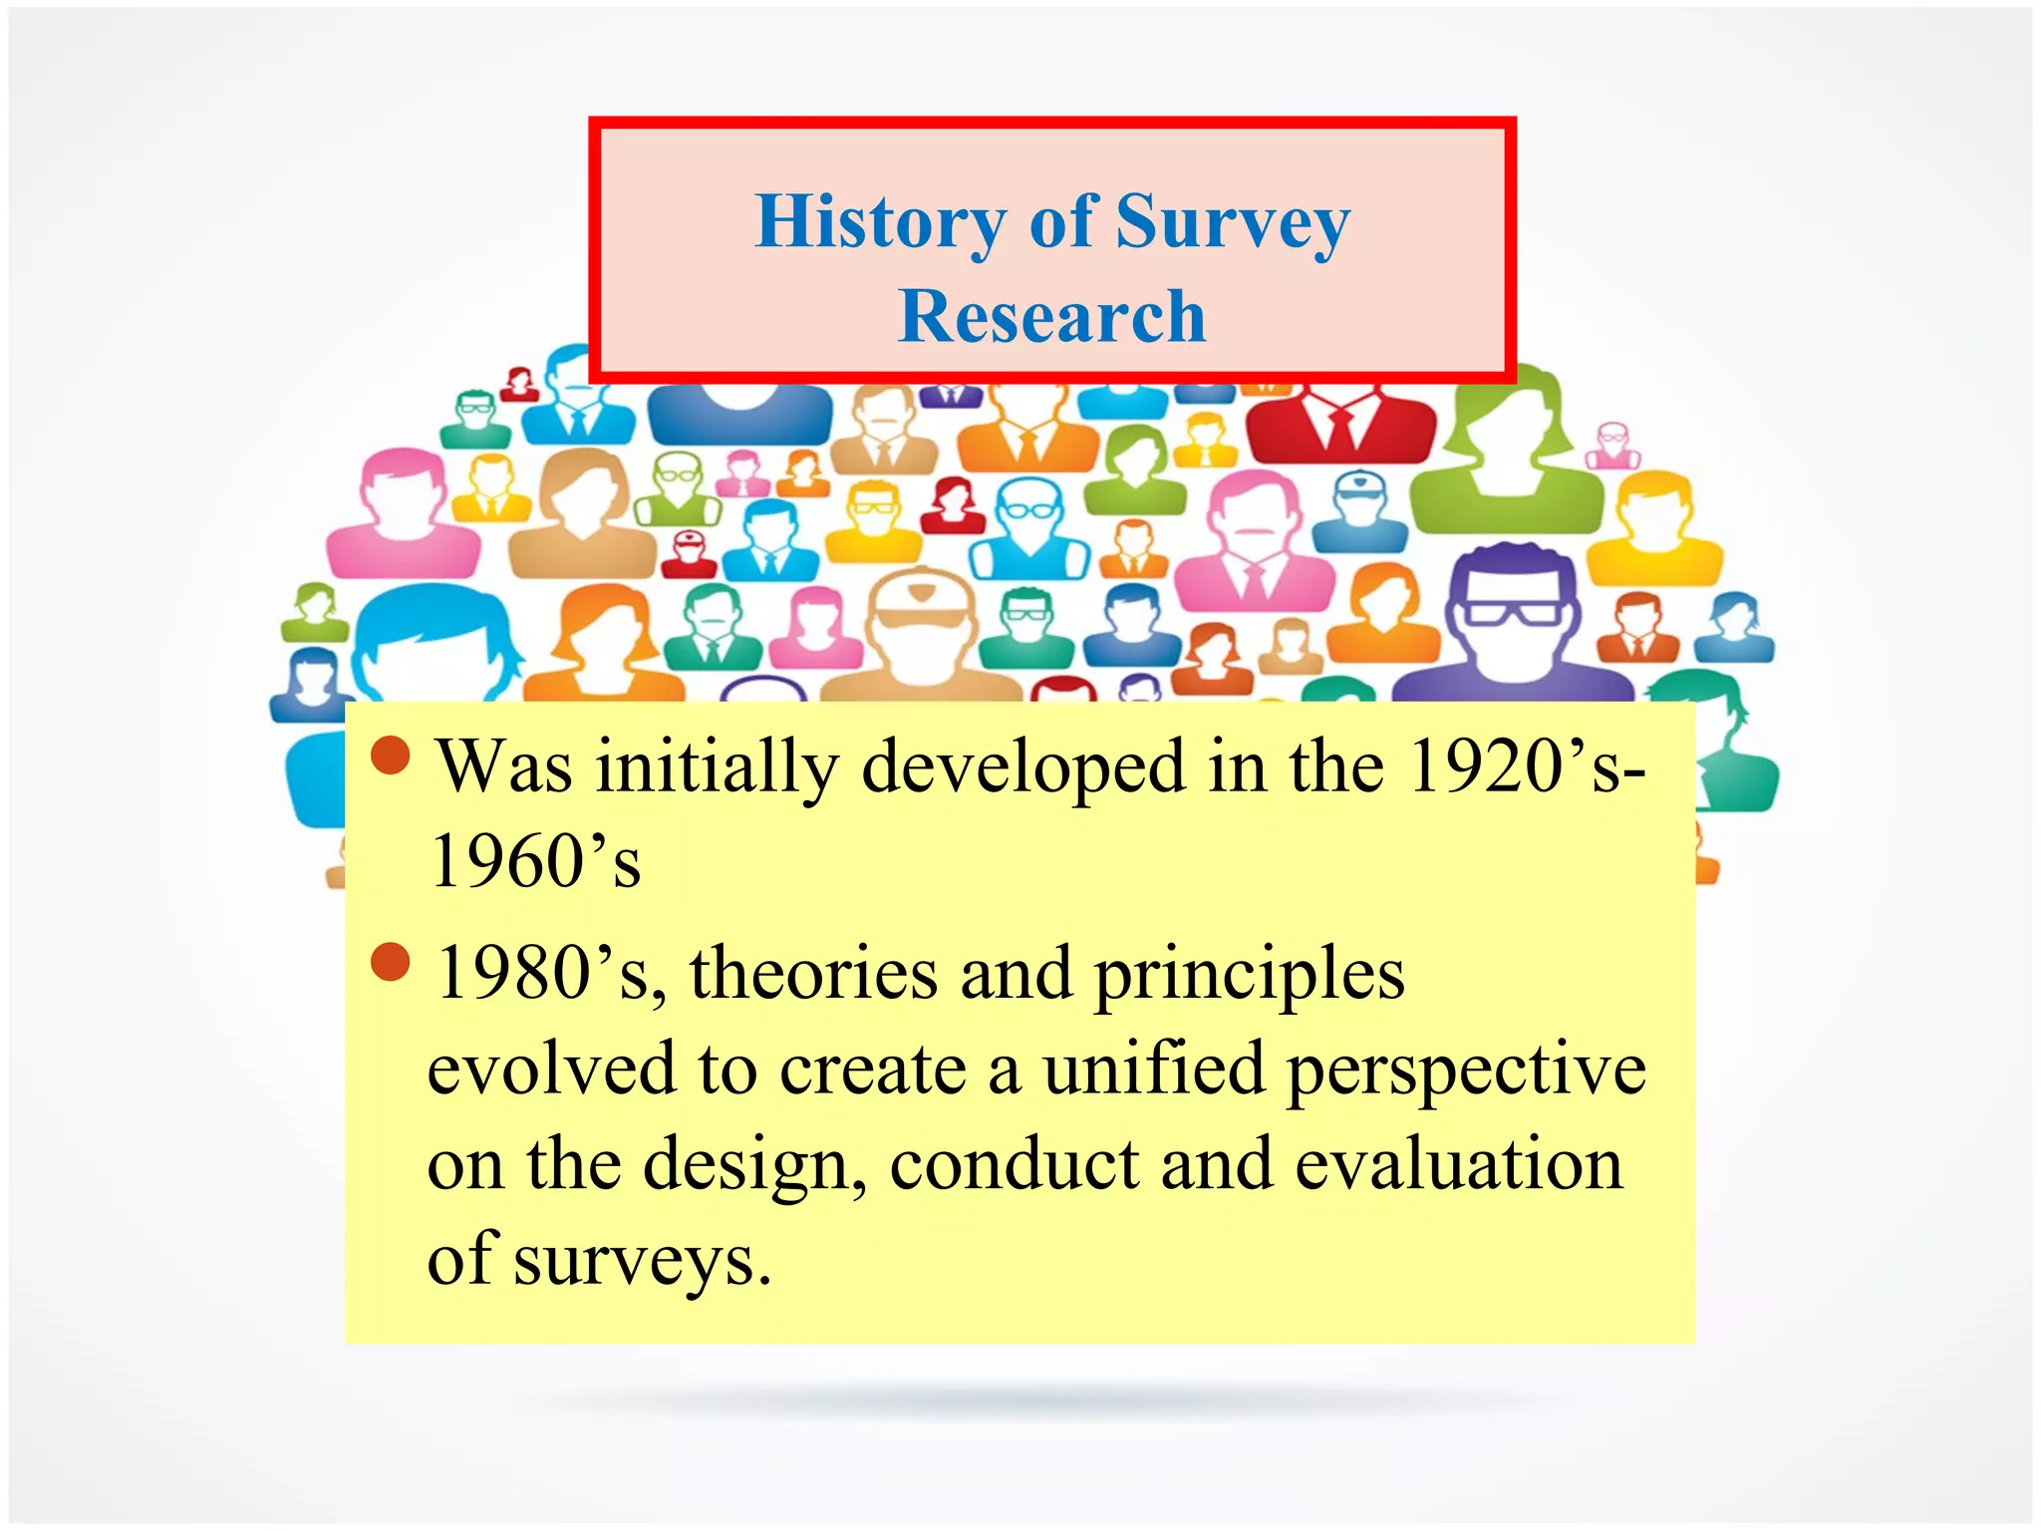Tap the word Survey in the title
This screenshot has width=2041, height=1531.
tap(1233, 221)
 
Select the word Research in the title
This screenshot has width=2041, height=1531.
tap(1051, 316)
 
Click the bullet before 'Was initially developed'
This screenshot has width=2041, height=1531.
tap(390, 756)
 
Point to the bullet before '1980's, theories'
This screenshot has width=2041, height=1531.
tap(390, 962)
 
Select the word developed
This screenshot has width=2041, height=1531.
tap(1023, 767)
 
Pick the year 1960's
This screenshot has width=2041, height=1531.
tap(535, 861)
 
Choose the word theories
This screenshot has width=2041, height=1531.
tap(813, 973)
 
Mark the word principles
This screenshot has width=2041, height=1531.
tap(1250, 975)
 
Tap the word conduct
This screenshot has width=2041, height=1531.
tap(1014, 1164)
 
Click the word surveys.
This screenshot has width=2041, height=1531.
tap(642, 1260)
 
